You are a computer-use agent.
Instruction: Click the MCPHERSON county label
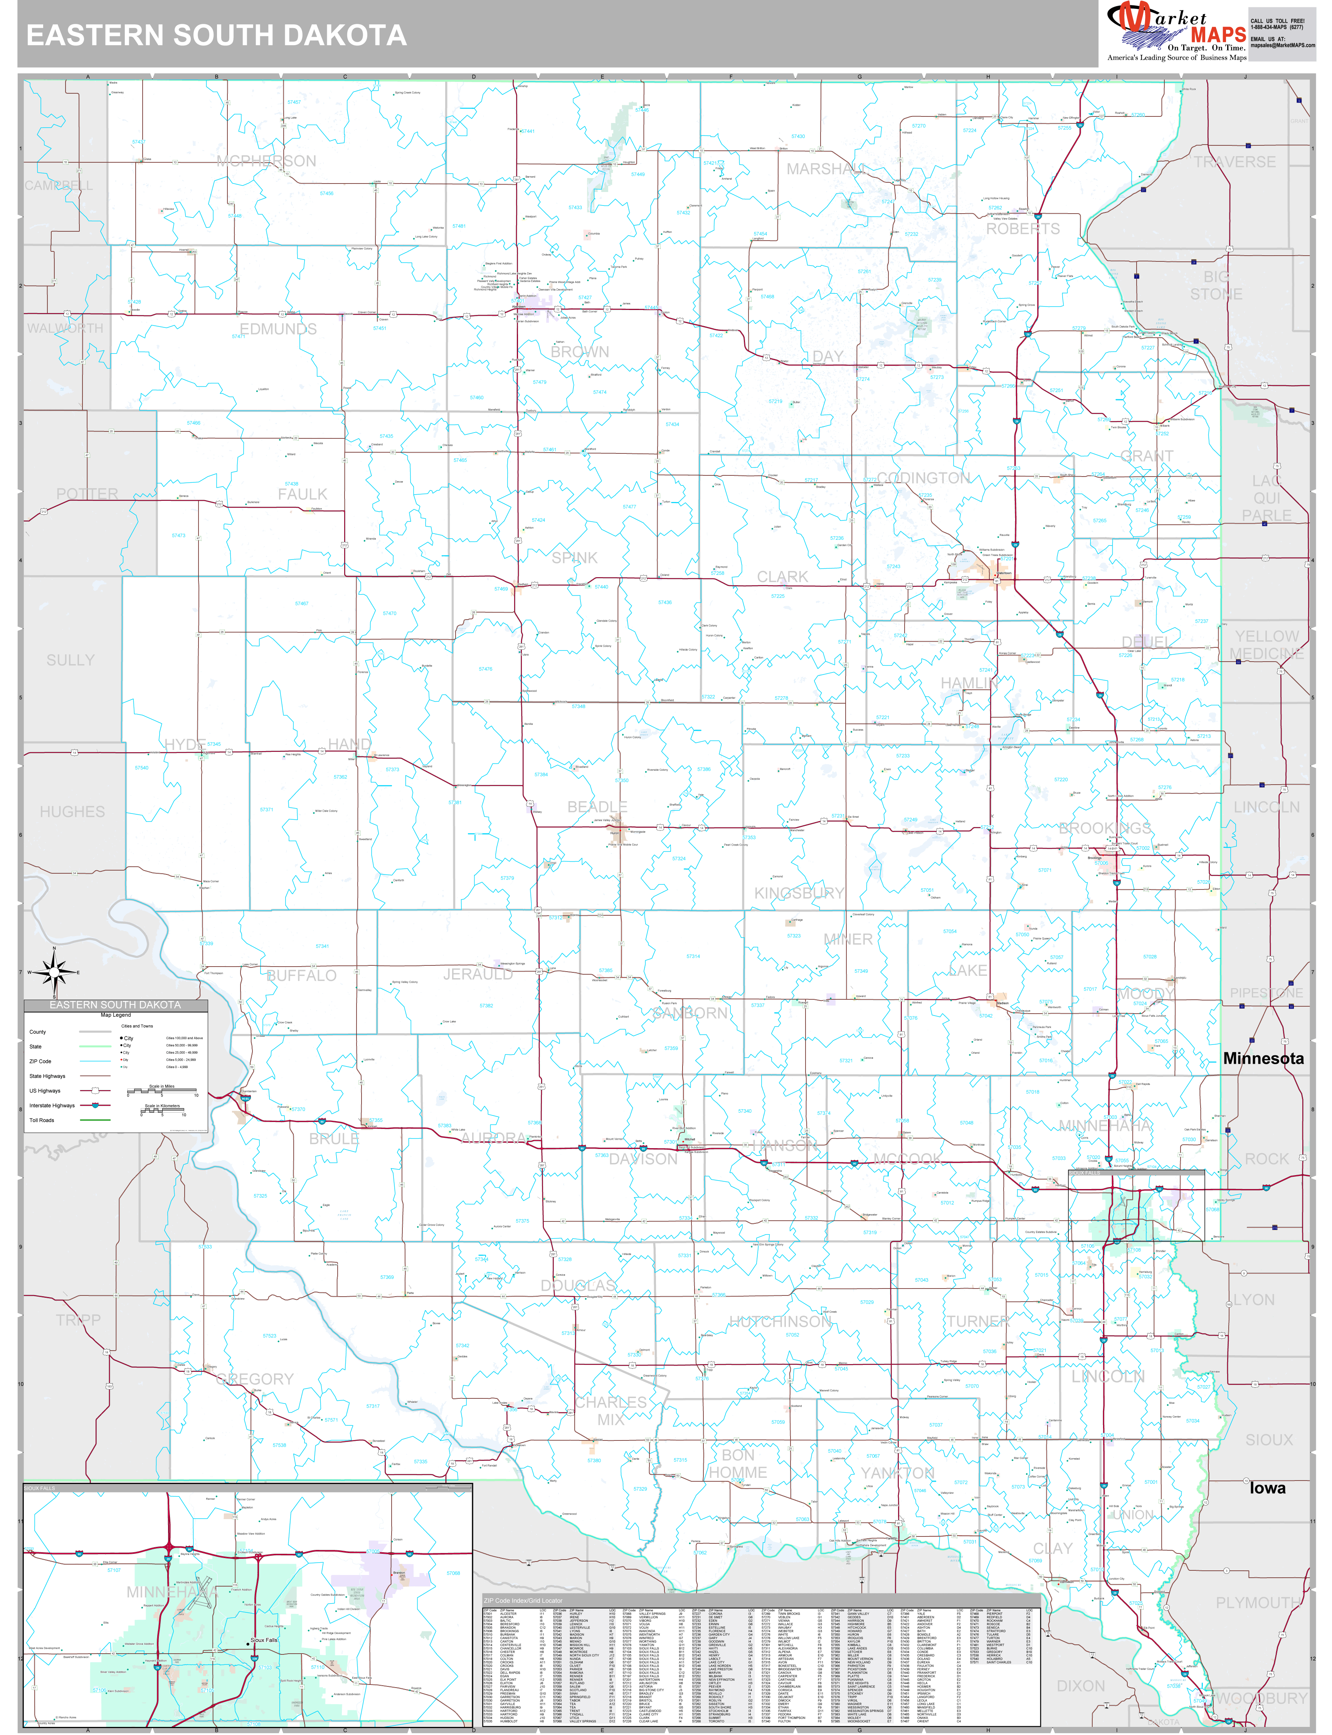tap(266, 161)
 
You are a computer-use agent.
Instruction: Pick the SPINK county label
tap(575, 558)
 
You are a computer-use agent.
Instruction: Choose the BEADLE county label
tap(597, 807)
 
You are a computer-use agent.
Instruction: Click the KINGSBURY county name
tap(799, 893)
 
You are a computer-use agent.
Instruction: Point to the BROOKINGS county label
tap(1105, 828)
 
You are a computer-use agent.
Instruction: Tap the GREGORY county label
tap(254, 1379)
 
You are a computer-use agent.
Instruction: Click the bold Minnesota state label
tap(1263, 1058)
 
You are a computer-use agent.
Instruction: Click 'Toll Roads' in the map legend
tap(42, 1120)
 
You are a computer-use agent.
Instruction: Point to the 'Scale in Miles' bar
tap(163, 1092)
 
